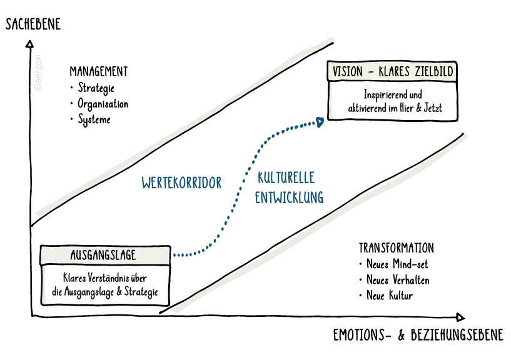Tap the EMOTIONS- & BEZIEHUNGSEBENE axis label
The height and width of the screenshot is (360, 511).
coord(418,336)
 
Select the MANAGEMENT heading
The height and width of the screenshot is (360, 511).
coord(99,71)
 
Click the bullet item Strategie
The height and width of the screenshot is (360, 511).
coord(96,88)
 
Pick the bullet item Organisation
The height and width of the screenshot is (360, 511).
coord(103,104)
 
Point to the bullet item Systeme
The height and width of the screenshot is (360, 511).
coord(94,119)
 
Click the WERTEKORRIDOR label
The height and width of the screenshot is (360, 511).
coord(182,183)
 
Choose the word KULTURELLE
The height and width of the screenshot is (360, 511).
coord(286,177)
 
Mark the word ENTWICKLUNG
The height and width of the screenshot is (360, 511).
coord(289,197)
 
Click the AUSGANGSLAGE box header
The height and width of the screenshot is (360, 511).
coord(104,255)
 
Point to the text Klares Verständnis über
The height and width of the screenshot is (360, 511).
coord(104,278)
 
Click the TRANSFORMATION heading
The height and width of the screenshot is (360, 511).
coord(396,247)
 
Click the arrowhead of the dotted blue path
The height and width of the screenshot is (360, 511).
coord(320,121)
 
